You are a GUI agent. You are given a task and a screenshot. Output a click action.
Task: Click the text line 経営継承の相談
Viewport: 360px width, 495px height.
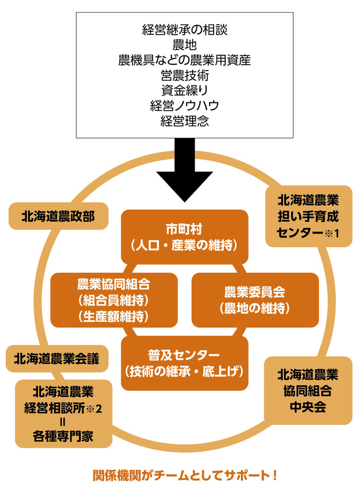(x=185, y=30)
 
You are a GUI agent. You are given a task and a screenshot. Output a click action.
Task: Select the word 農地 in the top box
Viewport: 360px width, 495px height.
(x=185, y=45)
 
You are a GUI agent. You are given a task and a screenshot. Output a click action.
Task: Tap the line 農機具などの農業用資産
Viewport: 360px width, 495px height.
(x=185, y=60)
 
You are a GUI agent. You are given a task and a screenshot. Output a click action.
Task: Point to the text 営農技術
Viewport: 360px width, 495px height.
(x=185, y=75)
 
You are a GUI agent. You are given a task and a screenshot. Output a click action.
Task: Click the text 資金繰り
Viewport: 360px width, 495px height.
(x=185, y=90)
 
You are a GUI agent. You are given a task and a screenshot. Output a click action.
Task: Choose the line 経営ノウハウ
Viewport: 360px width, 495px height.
(x=185, y=105)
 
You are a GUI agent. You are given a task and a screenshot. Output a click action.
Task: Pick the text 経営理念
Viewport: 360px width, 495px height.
(x=185, y=120)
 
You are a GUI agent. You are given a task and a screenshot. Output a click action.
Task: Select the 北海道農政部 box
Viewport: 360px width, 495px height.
(x=58, y=217)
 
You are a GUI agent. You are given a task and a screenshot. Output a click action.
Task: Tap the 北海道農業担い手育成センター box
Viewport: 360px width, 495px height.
(x=308, y=216)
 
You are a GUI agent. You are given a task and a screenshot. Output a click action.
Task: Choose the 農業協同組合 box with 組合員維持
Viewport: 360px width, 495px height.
(x=114, y=300)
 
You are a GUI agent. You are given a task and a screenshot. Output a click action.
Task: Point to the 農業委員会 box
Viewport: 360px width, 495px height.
(x=255, y=300)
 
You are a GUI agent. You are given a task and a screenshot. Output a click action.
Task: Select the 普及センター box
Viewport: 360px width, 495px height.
(x=185, y=363)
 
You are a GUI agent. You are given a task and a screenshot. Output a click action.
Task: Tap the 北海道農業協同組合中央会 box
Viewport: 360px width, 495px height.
(x=308, y=391)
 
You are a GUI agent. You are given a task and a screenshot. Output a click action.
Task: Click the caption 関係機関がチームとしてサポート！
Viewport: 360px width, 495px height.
(x=185, y=476)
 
